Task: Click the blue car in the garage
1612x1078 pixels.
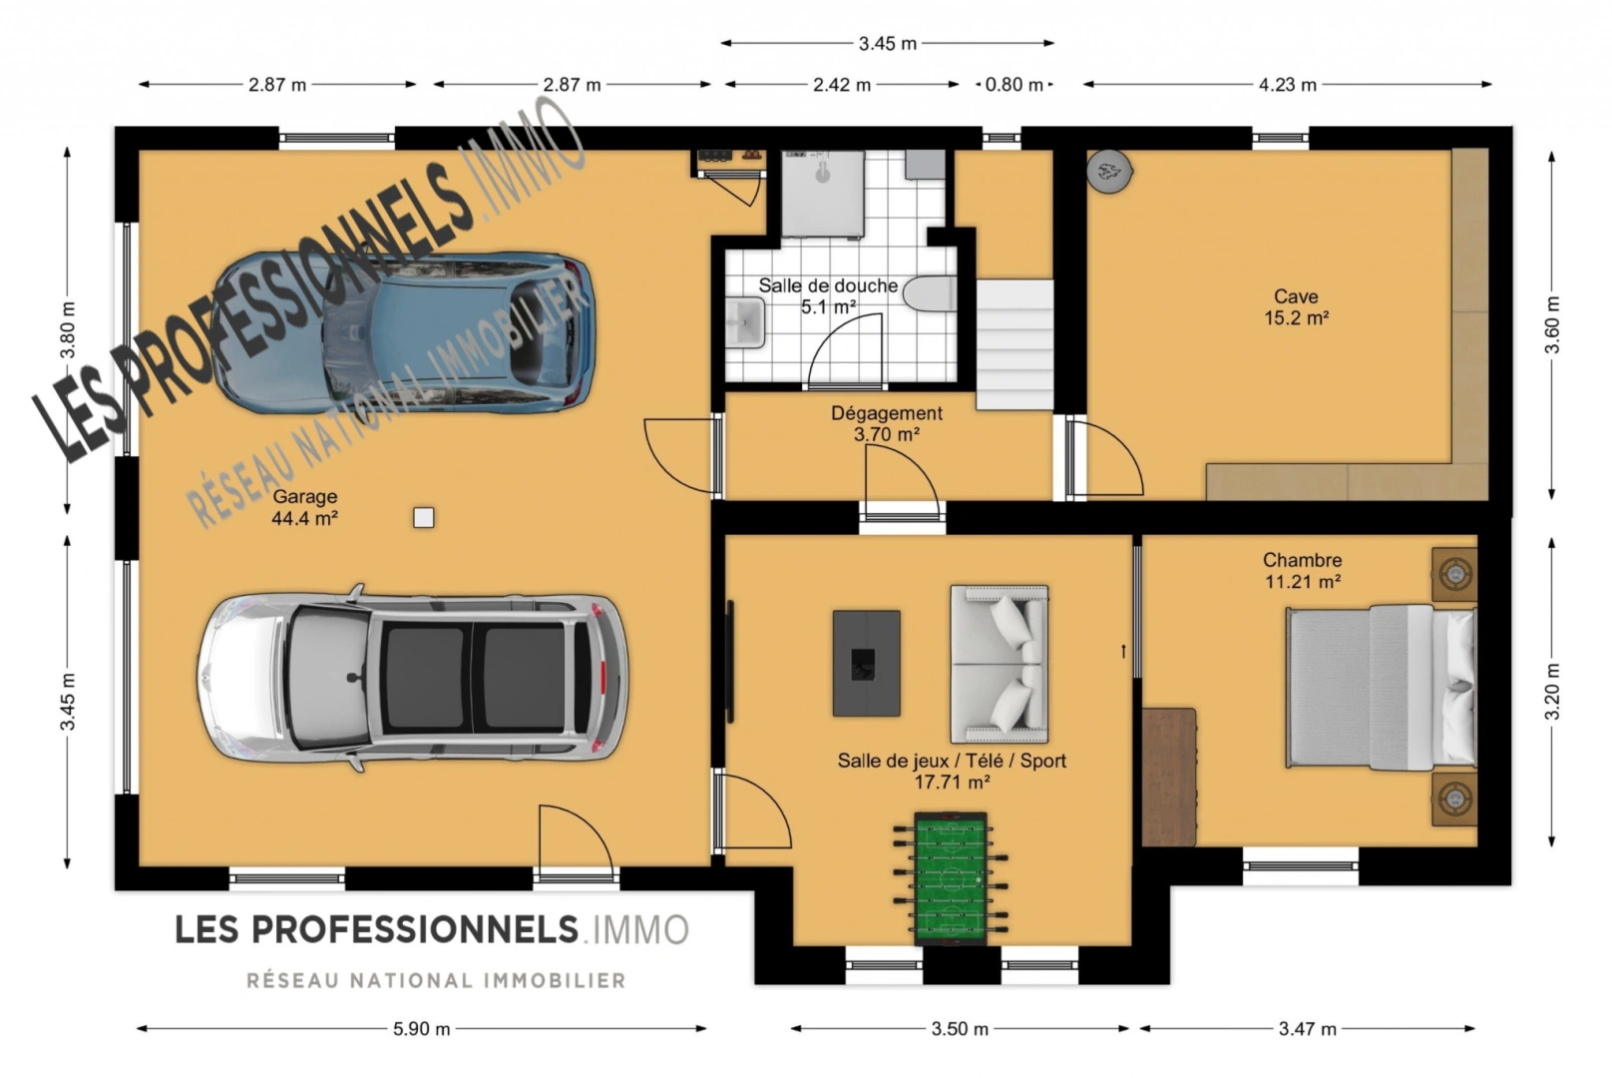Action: click(x=403, y=332)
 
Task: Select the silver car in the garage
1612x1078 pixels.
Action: click(x=412, y=677)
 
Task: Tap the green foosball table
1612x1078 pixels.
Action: click(x=950, y=878)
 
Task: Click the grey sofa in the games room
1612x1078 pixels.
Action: click(x=1000, y=664)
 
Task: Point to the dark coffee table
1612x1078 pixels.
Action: click(x=867, y=663)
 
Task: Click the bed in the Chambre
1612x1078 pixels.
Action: click(x=1381, y=687)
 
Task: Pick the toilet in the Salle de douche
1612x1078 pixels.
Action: click(x=930, y=293)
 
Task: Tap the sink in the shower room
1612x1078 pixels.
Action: click(x=745, y=322)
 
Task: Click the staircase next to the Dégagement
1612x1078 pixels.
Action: click(x=1014, y=345)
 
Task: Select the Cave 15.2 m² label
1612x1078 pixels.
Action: click(x=1296, y=306)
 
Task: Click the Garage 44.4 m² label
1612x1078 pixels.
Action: click(x=304, y=507)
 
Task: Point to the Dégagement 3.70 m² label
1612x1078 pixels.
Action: click(x=887, y=423)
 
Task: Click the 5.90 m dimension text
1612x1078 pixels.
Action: click(x=422, y=1029)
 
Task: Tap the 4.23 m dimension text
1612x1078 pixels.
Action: click(x=1288, y=85)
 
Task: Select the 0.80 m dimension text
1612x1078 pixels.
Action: click(x=1013, y=85)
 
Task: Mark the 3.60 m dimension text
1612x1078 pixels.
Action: click(x=1553, y=324)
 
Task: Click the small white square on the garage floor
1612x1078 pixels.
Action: click(x=424, y=518)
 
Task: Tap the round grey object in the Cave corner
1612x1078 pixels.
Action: click(x=1109, y=172)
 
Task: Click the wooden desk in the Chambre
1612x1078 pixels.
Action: click(x=1169, y=777)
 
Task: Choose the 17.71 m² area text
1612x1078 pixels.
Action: click(x=952, y=782)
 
